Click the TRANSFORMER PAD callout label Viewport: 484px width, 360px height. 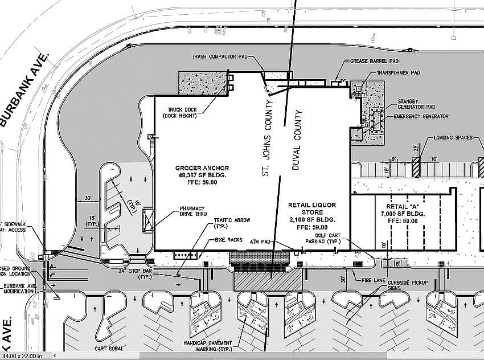398,73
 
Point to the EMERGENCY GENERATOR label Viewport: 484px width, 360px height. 421,116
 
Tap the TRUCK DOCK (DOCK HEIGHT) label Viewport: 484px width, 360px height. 182,113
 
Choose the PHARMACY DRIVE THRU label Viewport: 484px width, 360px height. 192,211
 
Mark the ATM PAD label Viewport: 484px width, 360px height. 261,242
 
